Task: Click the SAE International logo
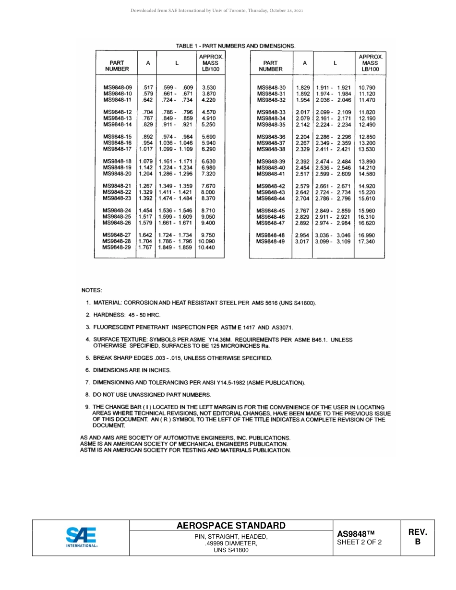82,537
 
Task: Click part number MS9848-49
270,241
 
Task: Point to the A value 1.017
146,149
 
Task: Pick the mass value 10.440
206,248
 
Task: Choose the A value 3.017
302,241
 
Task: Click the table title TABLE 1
235,46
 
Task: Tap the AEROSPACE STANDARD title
231,526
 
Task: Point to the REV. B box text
417,537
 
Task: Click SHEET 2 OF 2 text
360,543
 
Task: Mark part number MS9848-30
271,87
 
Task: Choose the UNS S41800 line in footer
231,550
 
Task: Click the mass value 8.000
208,192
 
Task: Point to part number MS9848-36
271,137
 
